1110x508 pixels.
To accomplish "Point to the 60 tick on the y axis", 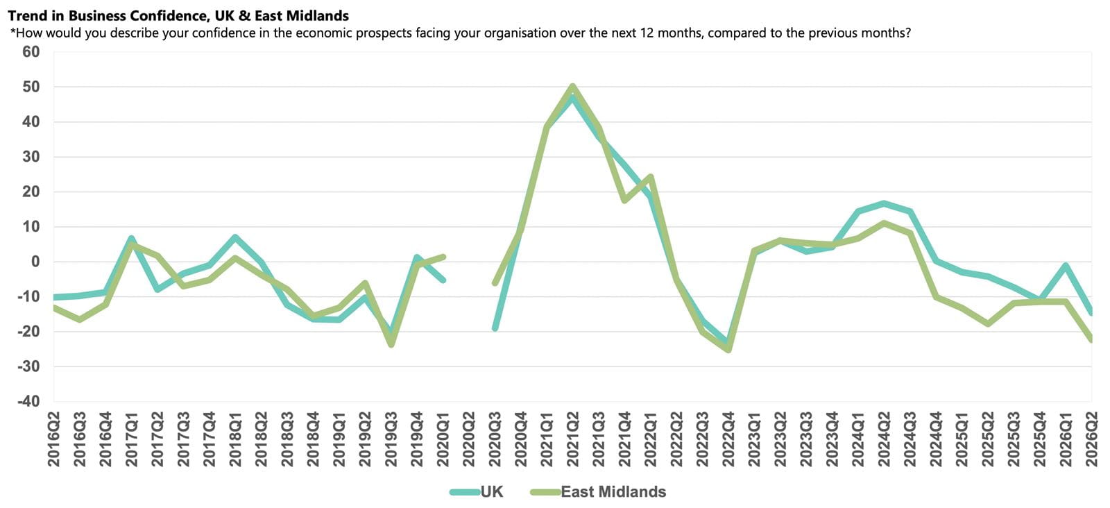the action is (31, 51).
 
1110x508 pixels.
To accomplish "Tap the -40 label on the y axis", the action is (28, 401).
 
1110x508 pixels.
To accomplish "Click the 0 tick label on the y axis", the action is (35, 261).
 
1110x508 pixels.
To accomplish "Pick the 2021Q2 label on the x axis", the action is (573, 439).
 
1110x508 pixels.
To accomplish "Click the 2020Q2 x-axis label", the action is (469, 439).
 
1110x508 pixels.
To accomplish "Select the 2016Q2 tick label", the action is (53, 439).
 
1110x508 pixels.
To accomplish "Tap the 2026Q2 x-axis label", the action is (1092, 439).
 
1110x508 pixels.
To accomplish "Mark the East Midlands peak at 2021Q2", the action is (573, 86).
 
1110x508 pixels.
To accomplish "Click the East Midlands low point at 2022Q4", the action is (728, 350).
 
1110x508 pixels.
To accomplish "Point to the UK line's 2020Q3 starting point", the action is (495, 328).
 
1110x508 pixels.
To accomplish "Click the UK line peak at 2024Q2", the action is (884, 203).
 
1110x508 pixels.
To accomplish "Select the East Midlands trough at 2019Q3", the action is (391, 344).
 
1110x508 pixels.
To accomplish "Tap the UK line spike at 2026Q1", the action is (1066, 265).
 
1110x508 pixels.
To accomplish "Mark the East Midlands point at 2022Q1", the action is (651, 176).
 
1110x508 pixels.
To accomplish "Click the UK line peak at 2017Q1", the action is (131, 239).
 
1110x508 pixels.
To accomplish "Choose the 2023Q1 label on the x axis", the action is (754, 439).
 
